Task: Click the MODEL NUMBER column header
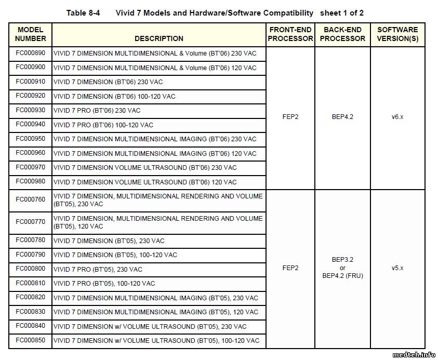[30, 34]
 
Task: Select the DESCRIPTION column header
[158, 38]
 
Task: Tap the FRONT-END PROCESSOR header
[290, 34]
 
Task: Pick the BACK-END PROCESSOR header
[342, 34]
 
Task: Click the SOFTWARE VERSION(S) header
[397, 34]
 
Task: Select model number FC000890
[30, 53]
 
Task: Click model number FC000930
[30, 110]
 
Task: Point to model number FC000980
[30, 181]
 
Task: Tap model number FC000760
[30, 199]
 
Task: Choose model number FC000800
[30, 269]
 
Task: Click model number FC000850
[30, 340]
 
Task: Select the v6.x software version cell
[397, 117]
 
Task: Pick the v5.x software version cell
[397, 268]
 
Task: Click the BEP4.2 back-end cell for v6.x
[342, 117]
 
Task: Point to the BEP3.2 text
[342, 260]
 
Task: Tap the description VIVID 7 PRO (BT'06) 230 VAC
[97, 111]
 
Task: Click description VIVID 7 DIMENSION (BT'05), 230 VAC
[109, 241]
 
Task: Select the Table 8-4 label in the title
[83, 12]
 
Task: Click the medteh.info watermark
[414, 355]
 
